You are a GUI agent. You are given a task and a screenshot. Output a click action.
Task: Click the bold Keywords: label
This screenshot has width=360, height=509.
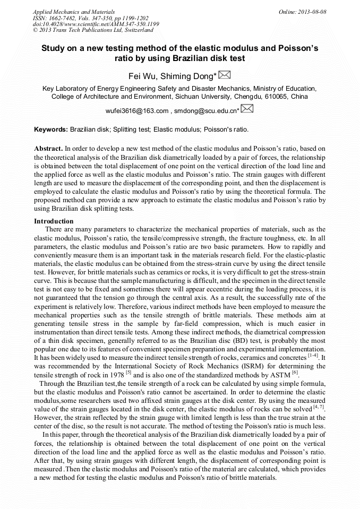[x=51, y=129]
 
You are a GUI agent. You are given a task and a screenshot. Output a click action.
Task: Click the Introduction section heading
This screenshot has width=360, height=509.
[x=54, y=221]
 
